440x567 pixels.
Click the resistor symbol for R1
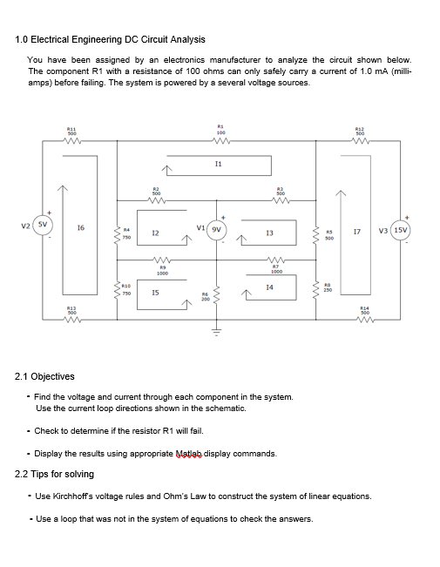click(220, 145)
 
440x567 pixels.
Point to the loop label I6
click(80, 227)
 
